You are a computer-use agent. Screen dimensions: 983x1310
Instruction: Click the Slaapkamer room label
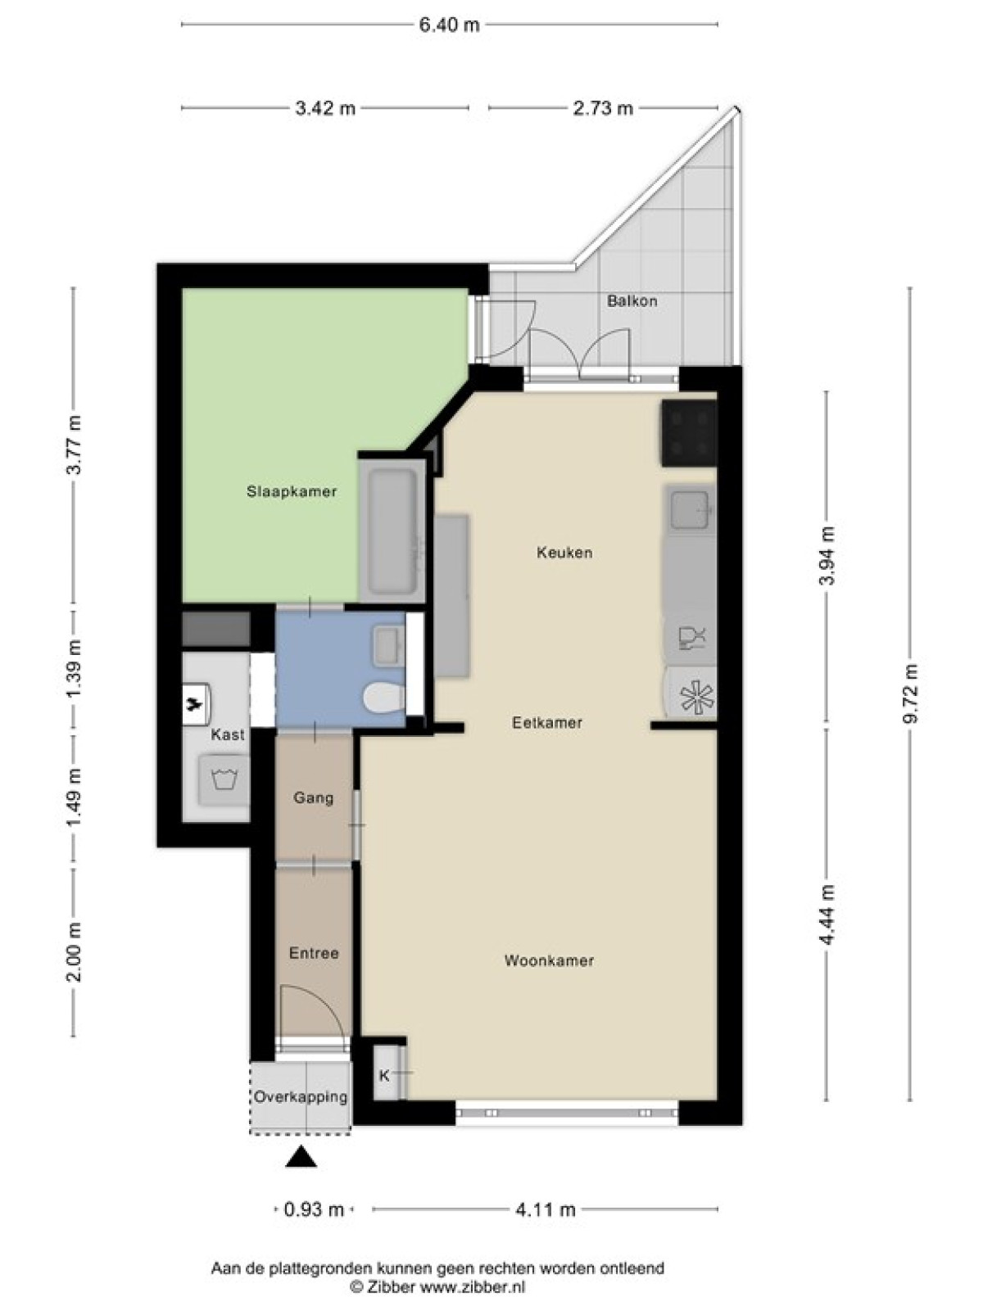click(292, 492)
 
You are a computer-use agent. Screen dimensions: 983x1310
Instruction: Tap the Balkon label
click(632, 300)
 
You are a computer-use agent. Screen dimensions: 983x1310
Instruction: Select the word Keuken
click(564, 553)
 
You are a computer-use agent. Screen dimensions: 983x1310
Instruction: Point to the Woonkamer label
click(549, 961)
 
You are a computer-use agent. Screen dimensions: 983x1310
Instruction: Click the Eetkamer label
click(546, 723)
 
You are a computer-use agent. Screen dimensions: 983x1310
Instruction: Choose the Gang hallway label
click(314, 798)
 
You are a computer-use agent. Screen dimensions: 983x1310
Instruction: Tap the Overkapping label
click(300, 1096)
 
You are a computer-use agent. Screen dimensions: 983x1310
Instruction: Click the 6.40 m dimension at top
click(449, 25)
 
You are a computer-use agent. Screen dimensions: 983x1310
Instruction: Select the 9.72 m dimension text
click(910, 693)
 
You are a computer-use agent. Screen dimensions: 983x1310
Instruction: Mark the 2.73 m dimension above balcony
click(603, 109)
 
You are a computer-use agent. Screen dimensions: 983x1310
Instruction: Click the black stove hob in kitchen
click(688, 432)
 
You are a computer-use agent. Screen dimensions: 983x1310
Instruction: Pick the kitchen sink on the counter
click(691, 508)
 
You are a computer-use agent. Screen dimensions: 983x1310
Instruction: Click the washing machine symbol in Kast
click(224, 780)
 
